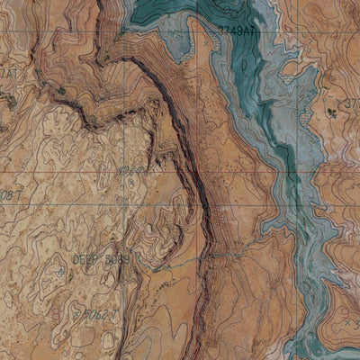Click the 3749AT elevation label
235,31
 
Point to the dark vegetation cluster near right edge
334,111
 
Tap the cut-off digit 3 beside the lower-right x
355,324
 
